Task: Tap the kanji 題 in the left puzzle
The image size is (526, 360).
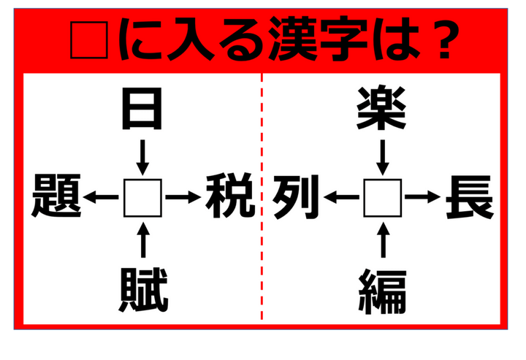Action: click(x=56, y=197)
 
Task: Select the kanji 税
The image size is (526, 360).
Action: click(x=228, y=197)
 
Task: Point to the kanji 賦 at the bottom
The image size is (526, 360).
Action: click(x=142, y=291)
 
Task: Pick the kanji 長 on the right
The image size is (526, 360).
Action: click(x=469, y=197)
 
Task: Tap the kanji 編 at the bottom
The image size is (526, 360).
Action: click(x=383, y=291)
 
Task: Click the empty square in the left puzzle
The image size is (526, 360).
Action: click(x=142, y=197)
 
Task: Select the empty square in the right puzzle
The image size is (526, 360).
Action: click(x=383, y=197)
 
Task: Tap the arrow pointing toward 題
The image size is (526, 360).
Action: click(x=101, y=197)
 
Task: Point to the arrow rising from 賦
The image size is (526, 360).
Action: click(x=142, y=240)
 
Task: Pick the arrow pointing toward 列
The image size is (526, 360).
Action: click(x=341, y=197)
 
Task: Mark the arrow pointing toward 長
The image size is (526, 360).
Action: click(x=423, y=197)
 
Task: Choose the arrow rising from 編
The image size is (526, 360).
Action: click(x=383, y=240)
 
